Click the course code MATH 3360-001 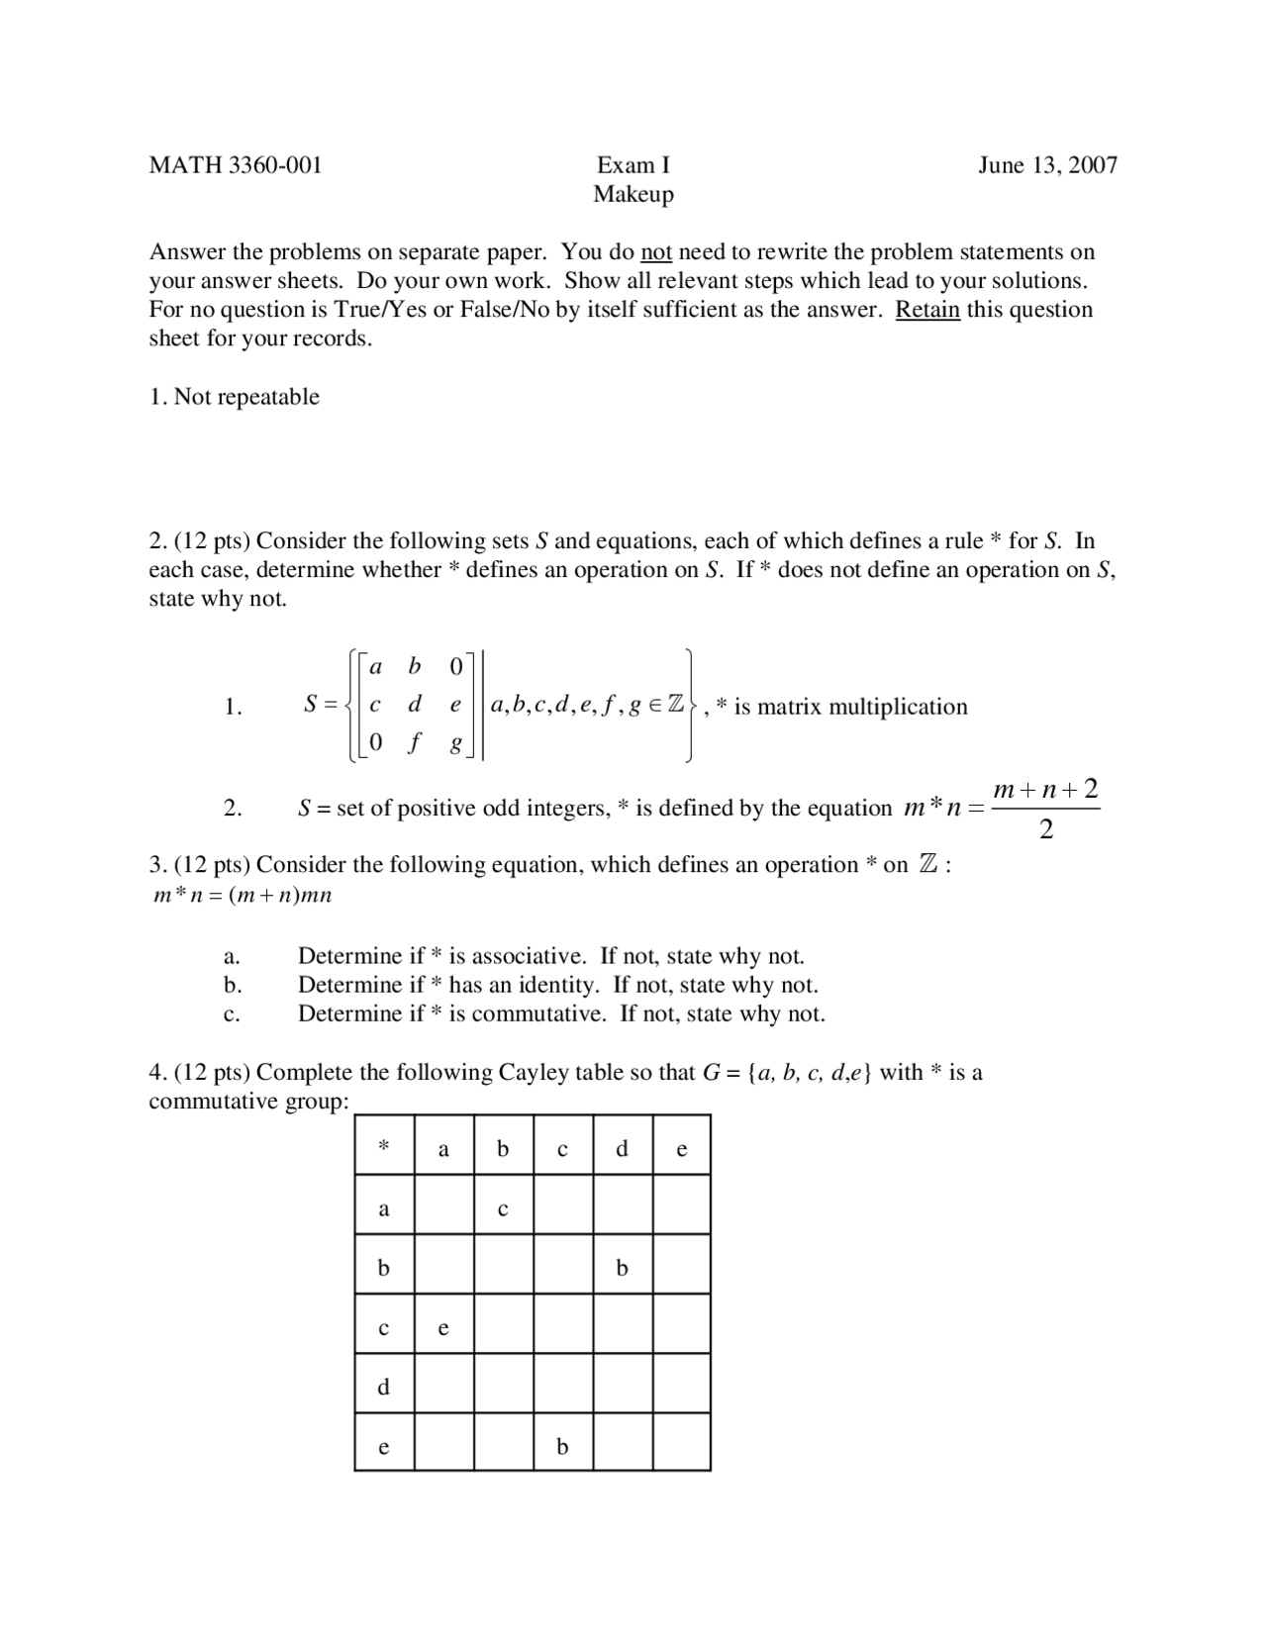click(236, 165)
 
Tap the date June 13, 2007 click(1047, 165)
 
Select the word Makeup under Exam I click(633, 194)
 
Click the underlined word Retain click(927, 310)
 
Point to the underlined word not click(656, 252)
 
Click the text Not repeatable click(246, 397)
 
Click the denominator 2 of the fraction click(1046, 829)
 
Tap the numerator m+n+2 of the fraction click(1045, 790)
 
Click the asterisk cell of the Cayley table click(384, 1147)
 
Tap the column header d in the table click(622, 1148)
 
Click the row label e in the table click(384, 1447)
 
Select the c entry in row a click(503, 1208)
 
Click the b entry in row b click(622, 1268)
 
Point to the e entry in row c click(443, 1328)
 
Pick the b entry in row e click(562, 1447)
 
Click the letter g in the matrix click(456, 745)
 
